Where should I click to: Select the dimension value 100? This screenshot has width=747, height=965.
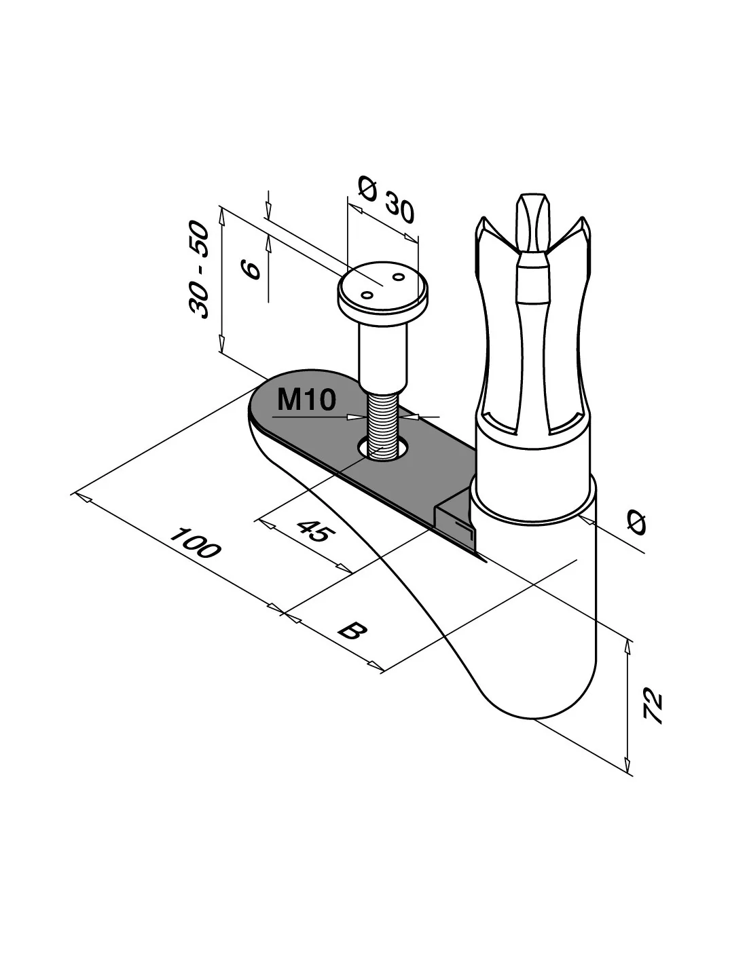[195, 543]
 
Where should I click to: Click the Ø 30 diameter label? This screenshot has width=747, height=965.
[385, 200]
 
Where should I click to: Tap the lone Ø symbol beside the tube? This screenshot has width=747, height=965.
[636, 523]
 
